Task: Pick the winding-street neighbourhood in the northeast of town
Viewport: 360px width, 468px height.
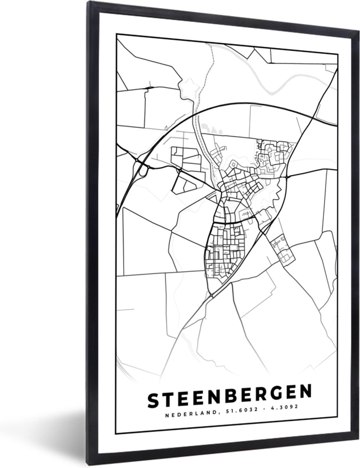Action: pos(275,156)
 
